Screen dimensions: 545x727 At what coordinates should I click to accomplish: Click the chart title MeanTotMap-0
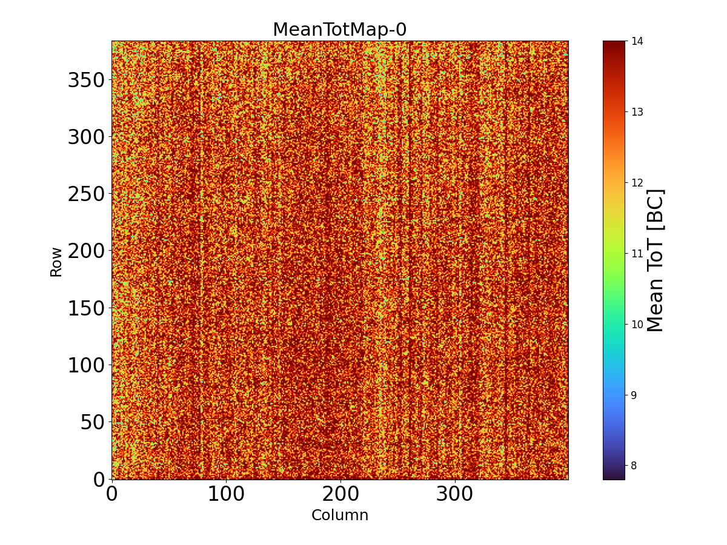point(339,30)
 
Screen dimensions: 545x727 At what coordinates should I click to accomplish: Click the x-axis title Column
point(339,515)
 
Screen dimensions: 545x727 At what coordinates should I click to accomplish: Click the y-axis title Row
point(56,262)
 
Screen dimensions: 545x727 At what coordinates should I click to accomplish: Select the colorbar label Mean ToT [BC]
point(656,260)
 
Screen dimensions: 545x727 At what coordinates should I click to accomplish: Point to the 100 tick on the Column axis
point(226,494)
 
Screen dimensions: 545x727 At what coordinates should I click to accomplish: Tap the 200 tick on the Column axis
point(340,494)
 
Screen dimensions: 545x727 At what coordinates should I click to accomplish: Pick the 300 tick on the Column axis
point(455,494)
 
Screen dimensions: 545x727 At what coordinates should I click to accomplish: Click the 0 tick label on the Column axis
point(112,494)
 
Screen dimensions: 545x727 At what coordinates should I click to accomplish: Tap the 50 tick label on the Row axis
point(93,422)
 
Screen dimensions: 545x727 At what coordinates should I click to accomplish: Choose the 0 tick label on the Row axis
point(99,479)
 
